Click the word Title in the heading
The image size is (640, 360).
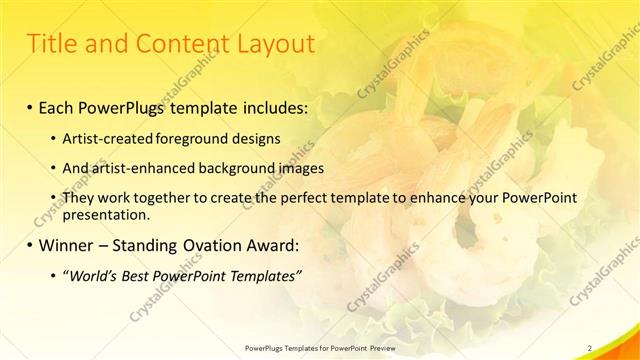(x=50, y=44)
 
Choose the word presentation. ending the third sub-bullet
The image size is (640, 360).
(x=106, y=214)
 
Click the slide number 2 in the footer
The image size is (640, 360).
(x=589, y=348)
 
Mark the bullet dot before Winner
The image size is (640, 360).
(x=31, y=245)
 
